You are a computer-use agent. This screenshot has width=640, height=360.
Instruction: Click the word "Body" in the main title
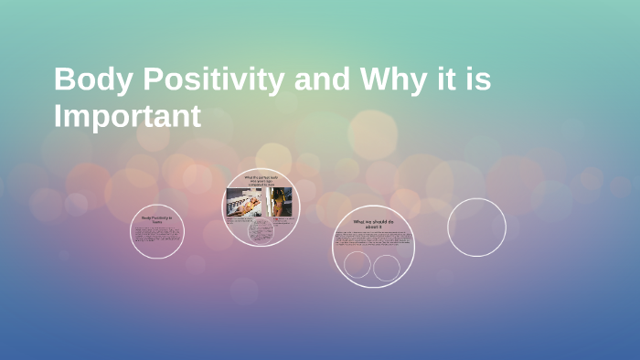tap(86, 79)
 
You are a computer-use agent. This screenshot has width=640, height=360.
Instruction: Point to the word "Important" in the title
tap(127, 116)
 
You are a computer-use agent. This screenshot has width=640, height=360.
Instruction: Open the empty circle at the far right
tap(476, 228)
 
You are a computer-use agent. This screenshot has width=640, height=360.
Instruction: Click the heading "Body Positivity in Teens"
tap(157, 218)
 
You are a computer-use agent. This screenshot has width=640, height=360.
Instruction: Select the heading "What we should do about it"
tap(373, 224)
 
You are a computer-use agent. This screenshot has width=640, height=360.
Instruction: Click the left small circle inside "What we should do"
tap(357, 265)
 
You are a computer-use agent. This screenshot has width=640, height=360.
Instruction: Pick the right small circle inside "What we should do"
tap(387, 268)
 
